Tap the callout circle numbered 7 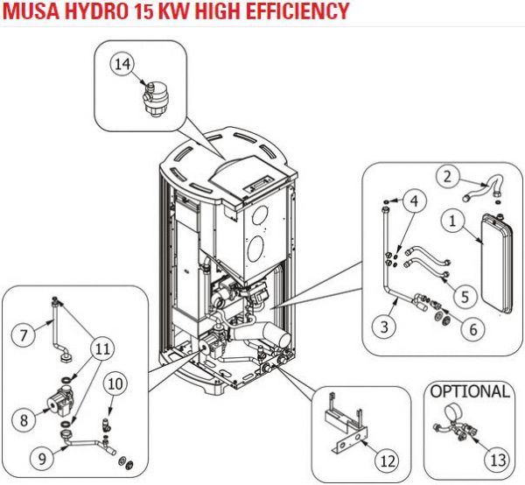[x=24, y=334]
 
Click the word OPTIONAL [x=470, y=390]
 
